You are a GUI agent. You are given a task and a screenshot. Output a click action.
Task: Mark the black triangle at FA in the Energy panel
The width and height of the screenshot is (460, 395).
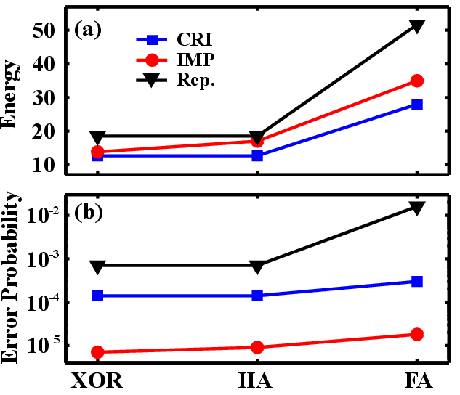click(x=416, y=26)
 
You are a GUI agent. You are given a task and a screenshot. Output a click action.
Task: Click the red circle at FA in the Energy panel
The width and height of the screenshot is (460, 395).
click(x=416, y=81)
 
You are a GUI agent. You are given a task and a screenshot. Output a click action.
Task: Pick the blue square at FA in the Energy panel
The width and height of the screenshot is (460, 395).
click(x=416, y=104)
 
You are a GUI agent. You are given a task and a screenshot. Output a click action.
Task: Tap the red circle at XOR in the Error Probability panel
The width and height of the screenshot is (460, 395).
click(x=97, y=352)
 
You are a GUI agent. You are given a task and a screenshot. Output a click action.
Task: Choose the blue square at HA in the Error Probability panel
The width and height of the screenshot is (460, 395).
click(x=257, y=296)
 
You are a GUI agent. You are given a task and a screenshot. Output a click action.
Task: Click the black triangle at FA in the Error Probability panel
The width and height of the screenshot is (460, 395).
click(x=416, y=208)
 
